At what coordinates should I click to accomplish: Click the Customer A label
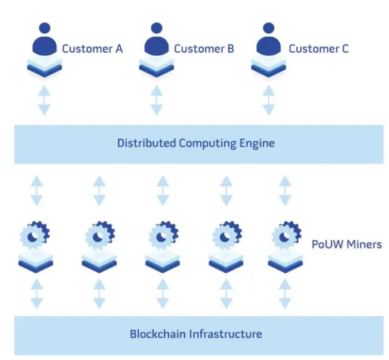[92, 49]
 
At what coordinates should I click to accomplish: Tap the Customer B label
[204, 49]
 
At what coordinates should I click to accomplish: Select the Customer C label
[319, 49]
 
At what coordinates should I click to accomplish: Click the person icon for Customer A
[45, 38]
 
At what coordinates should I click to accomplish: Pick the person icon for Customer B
[156, 38]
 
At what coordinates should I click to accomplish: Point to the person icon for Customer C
[268, 38]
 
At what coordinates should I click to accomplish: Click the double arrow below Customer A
[45, 100]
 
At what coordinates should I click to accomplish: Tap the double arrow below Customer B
[156, 100]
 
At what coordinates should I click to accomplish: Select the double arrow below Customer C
[268, 100]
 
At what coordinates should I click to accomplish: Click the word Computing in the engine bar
[208, 143]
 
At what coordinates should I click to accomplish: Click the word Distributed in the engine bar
[147, 143]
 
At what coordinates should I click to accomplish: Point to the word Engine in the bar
[257, 143]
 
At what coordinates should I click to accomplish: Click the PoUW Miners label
[347, 245]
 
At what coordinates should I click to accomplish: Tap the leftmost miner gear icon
[35, 235]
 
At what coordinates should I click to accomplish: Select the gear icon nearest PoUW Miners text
[286, 235]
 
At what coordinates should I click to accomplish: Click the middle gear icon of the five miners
[163, 235]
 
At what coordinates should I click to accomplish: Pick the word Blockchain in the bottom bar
[158, 334]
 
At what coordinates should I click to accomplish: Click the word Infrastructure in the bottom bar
[226, 334]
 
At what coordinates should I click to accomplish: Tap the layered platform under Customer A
[45, 66]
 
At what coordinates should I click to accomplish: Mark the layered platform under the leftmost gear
[36, 262]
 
